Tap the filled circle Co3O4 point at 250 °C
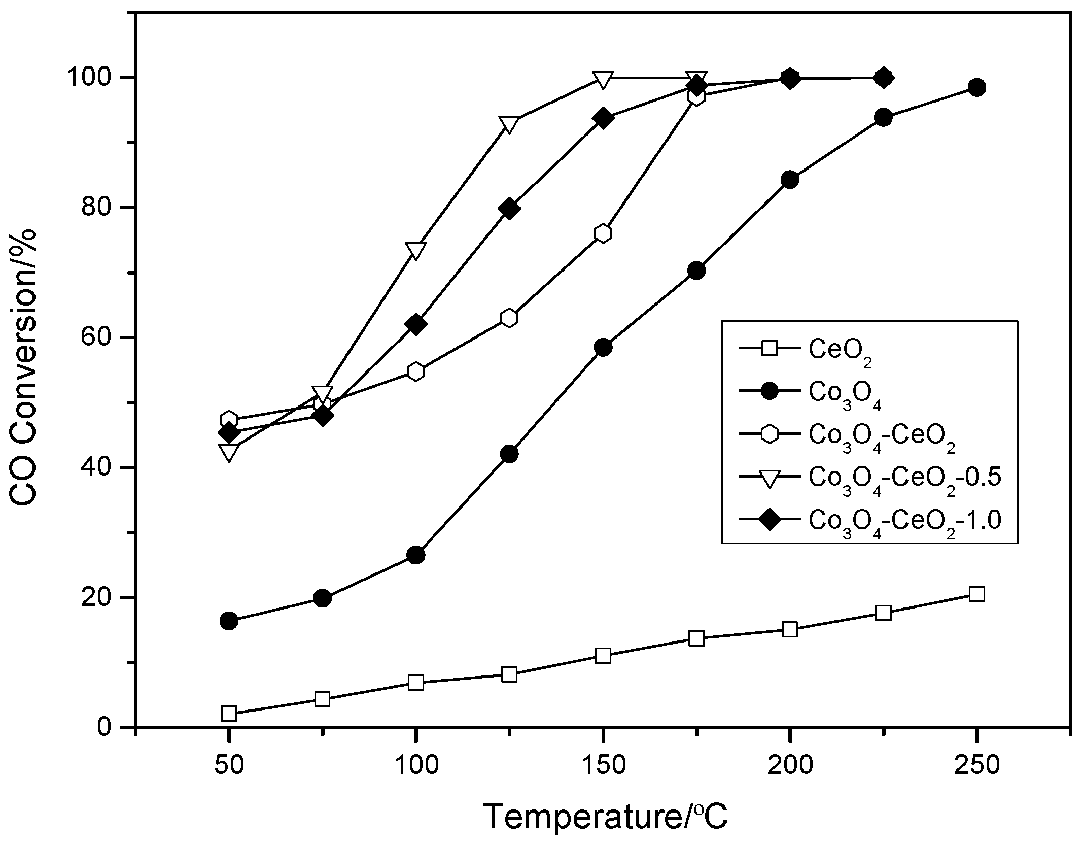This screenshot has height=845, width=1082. coord(976,88)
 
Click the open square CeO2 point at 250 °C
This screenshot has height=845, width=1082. coord(976,594)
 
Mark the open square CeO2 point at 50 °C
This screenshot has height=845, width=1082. coord(229,714)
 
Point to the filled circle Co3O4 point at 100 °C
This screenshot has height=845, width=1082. coord(416,555)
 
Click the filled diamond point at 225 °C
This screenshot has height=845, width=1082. coord(883,78)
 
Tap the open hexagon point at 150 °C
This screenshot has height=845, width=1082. coord(603,233)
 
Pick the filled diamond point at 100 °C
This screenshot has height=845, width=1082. coord(416,324)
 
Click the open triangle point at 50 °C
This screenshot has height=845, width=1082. coord(229,452)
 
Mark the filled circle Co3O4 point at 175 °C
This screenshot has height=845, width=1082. coord(696,271)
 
